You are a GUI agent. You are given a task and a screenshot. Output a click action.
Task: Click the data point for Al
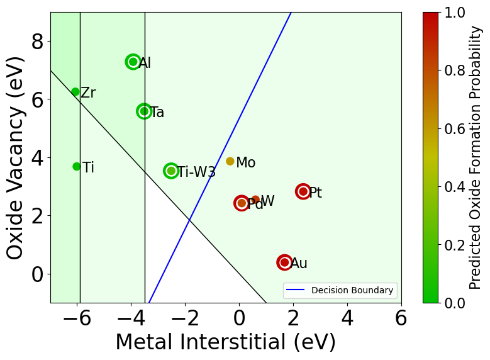(x=133, y=62)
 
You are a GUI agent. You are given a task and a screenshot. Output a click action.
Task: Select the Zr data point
(x=75, y=92)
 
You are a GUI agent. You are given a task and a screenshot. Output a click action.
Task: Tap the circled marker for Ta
(x=144, y=111)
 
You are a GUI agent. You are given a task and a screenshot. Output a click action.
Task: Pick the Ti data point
(x=77, y=167)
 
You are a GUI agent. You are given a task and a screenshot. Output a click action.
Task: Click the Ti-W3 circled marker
(x=171, y=171)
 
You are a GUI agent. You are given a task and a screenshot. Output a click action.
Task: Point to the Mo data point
(x=230, y=161)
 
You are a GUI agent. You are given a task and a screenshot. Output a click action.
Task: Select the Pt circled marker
(x=303, y=191)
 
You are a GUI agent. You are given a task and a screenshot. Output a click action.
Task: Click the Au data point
(x=284, y=262)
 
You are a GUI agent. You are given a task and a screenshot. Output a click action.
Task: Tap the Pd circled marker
(x=242, y=203)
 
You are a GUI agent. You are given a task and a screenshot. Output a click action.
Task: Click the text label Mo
(x=245, y=163)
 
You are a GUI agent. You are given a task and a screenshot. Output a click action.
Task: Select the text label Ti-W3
(x=196, y=172)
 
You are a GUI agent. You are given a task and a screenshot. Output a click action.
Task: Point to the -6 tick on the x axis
(x=77, y=318)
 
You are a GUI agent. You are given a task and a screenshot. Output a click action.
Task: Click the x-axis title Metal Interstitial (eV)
(x=225, y=342)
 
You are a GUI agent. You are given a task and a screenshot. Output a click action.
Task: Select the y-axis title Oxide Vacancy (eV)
(x=15, y=157)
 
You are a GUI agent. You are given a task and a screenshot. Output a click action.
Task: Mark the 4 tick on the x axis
(x=347, y=318)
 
